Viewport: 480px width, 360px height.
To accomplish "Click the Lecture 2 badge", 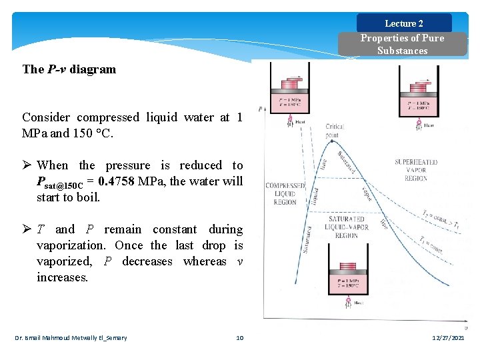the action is coord(404,23).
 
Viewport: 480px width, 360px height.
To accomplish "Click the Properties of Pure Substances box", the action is coord(402,44).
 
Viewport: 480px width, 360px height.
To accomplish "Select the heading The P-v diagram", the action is coord(69,69).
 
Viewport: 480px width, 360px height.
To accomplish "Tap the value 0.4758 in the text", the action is coord(117,181).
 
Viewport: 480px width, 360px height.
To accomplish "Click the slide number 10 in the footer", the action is coord(240,338).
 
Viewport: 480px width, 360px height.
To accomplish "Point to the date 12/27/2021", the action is coord(448,338).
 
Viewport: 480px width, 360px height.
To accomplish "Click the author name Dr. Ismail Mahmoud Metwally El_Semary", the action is coord(71,338).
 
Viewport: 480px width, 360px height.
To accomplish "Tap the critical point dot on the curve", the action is coord(335,136).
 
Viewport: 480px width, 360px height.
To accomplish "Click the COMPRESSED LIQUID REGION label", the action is coord(285,194).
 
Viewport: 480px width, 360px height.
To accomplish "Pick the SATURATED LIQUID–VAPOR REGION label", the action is coord(346,227).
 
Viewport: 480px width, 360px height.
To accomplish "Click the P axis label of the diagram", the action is coord(259,109).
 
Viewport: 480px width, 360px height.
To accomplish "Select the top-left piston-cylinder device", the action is coord(291,97).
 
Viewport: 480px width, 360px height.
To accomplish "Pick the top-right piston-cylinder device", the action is coord(419,97).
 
